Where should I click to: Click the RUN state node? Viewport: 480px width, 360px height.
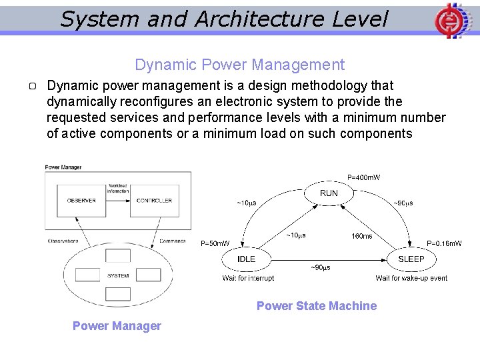click(329, 193)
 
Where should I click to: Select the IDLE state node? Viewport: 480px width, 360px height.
click(246, 259)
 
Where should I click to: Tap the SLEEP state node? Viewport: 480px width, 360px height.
click(411, 259)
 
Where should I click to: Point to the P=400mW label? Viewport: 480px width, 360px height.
click(364, 177)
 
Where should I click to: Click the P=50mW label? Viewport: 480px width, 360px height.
click(215, 244)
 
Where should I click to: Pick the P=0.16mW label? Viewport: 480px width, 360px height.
click(444, 244)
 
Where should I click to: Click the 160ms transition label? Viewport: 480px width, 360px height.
click(362, 236)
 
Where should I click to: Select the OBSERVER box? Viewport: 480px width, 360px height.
click(81, 200)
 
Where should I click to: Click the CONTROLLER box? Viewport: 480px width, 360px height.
click(154, 200)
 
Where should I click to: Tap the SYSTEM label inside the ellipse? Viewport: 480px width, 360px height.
click(118, 275)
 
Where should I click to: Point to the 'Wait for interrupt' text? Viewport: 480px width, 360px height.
click(248, 278)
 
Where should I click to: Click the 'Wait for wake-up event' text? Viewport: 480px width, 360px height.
click(411, 278)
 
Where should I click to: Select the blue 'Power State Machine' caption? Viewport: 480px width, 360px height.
click(317, 306)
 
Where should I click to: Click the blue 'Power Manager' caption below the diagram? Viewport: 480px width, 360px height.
click(117, 326)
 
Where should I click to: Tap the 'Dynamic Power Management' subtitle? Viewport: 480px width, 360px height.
click(239, 65)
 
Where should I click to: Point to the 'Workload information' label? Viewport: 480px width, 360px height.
click(118, 188)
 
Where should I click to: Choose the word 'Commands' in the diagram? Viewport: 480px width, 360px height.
click(173, 241)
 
